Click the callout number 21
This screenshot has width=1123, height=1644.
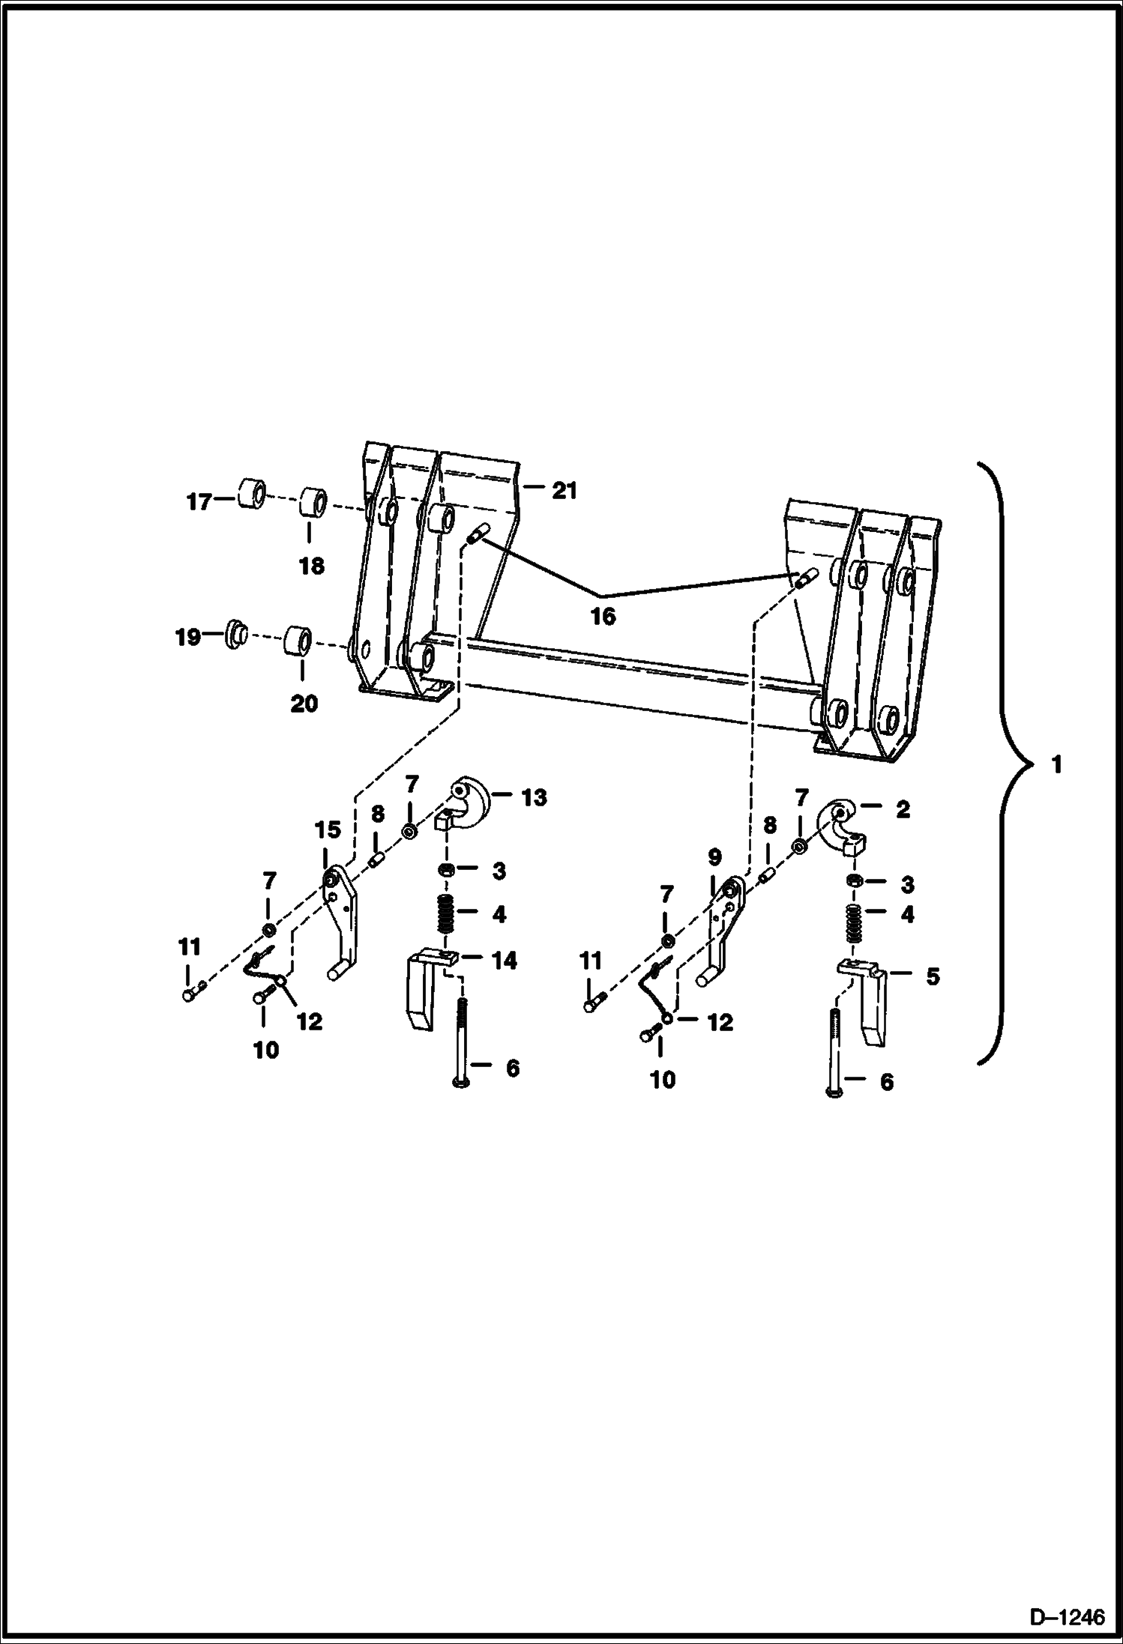(x=564, y=491)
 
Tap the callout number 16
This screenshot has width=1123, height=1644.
(x=603, y=616)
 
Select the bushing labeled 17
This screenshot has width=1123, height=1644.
(x=251, y=495)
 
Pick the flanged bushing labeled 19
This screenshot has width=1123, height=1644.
(x=235, y=635)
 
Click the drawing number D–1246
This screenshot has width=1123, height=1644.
(x=1068, y=1619)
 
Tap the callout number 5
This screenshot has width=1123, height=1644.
(x=932, y=976)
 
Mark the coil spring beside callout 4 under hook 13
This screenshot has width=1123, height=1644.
(x=446, y=913)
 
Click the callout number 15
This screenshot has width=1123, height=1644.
(x=328, y=830)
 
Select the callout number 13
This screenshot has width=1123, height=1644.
(x=534, y=797)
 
